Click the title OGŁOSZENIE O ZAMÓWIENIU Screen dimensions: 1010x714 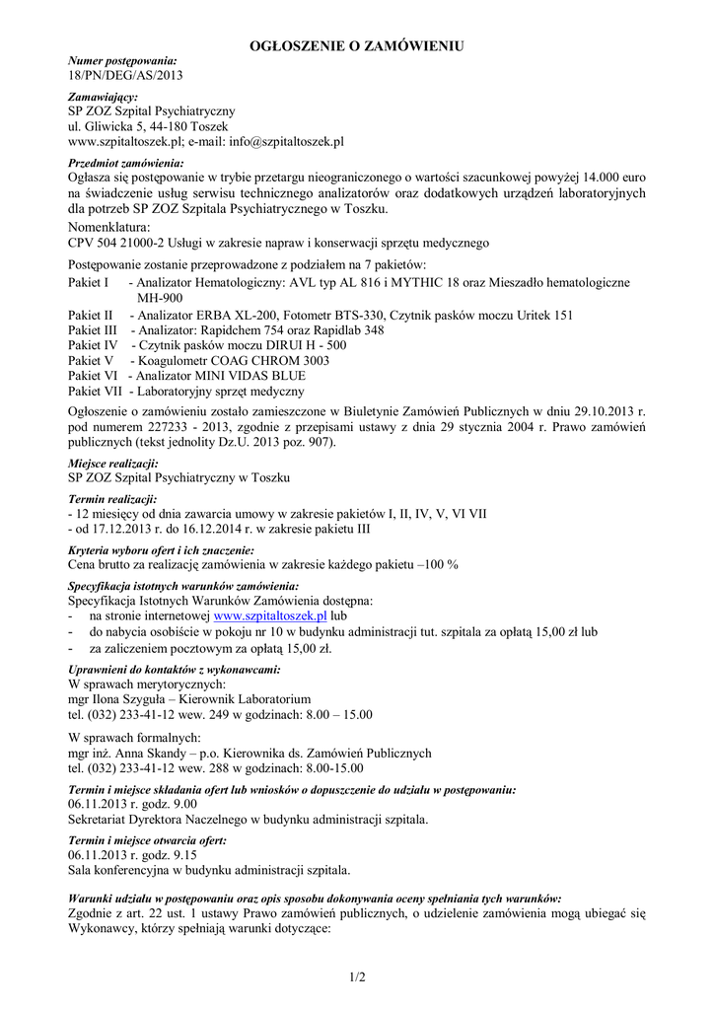click(356, 45)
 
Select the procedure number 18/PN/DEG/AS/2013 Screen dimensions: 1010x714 click(124, 74)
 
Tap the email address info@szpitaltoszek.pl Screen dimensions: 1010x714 click(286, 142)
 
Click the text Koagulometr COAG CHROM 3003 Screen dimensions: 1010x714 click(235, 361)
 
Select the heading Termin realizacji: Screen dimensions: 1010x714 click(112, 500)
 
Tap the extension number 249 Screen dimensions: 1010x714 click(219, 712)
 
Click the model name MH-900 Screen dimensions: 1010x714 click(160, 298)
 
